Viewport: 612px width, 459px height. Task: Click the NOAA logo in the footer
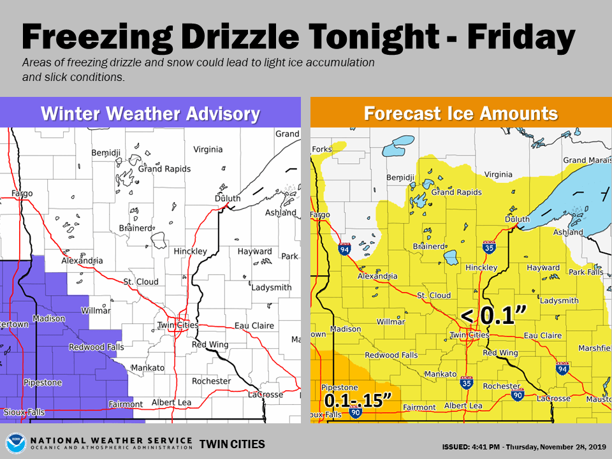point(16,443)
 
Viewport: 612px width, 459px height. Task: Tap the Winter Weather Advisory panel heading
point(150,114)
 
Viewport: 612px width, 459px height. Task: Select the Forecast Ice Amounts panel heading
point(461,114)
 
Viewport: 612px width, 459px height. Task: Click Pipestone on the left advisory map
point(43,382)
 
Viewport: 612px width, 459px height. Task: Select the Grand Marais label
point(583,160)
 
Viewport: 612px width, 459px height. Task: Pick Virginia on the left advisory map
point(208,149)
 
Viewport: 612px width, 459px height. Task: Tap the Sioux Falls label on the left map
point(24,412)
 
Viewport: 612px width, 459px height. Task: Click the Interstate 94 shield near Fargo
point(345,249)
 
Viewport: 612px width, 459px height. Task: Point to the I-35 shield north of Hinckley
point(489,247)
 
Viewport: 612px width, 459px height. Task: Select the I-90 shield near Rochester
point(518,395)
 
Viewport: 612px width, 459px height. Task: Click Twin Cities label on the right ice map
point(470,335)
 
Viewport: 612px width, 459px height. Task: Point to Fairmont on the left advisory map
point(126,404)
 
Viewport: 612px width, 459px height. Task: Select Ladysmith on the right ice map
point(559,300)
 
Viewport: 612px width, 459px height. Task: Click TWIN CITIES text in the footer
point(232,444)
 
